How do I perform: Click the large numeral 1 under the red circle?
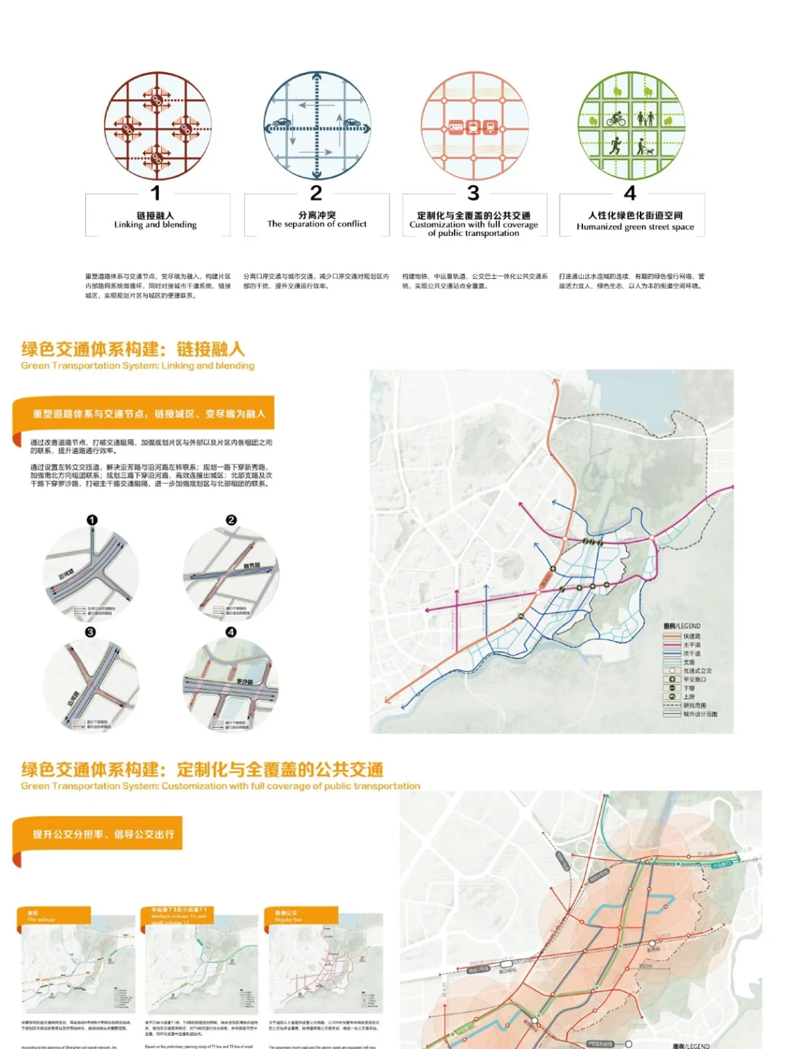[155, 193]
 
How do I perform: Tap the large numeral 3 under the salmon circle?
[474, 193]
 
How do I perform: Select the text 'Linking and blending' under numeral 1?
[155, 225]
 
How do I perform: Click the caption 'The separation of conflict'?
[317, 224]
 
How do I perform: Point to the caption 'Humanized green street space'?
[635, 227]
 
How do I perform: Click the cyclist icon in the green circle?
[617, 118]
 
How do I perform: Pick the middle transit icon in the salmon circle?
[474, 127]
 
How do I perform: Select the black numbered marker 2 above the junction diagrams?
[231, 520]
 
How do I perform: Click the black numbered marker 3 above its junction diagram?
[90, 632]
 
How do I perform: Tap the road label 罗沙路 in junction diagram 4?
[245, 682]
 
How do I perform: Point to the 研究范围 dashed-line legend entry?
[693, 705]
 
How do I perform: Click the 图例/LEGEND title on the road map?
[682, 626]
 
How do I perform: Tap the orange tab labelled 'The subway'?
[53, 916]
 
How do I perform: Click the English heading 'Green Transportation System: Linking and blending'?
[138, 366]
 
